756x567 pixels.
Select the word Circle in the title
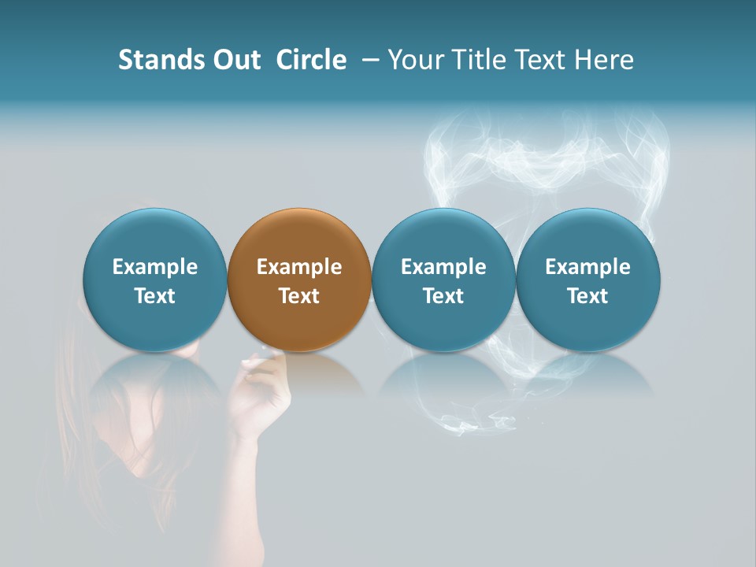[x=311, y=60]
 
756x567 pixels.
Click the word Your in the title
[x=413, y=60]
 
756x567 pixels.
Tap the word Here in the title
[x=603, y=60]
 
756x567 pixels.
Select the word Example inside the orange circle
[x=299, y=267]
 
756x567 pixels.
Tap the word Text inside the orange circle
[x=299, y=296]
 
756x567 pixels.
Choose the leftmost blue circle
[x=155, y=236]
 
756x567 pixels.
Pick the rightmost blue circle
[x=588, y=236]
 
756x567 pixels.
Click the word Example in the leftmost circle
[x=155, y=267]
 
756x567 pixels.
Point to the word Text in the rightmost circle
[x=588, y=296]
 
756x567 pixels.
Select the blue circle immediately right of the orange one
[x=443, y=236]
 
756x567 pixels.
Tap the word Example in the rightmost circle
[x=588, y=267]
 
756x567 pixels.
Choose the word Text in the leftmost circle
[x=155, y=296]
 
